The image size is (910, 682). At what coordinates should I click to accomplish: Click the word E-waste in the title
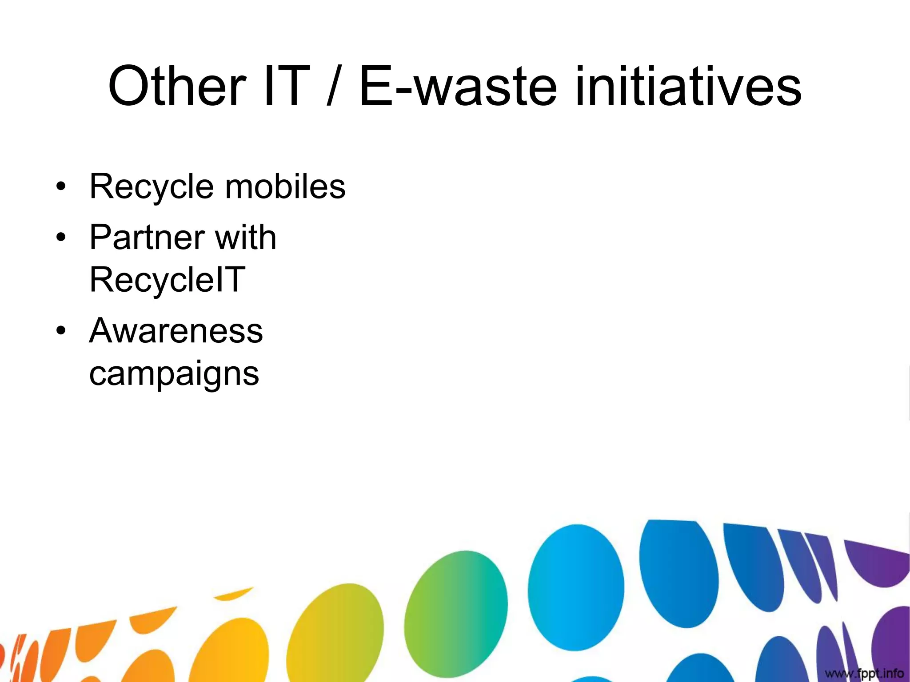coord(458,86)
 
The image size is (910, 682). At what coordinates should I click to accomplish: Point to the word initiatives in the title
coord(688,86)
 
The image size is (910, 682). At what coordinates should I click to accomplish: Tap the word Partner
coord(147,237)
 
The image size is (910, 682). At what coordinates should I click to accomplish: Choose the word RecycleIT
coord(167,280)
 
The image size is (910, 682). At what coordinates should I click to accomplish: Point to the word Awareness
coord(176,331)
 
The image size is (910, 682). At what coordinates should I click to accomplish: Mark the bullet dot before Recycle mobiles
coord(61,186)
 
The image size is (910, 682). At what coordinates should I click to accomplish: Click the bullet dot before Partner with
coord(61,238)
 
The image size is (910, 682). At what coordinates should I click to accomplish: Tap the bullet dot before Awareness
coord(61,331)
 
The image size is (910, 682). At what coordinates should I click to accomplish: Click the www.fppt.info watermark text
coord(864,673)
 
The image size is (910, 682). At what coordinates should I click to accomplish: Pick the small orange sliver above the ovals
coord(233,594)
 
